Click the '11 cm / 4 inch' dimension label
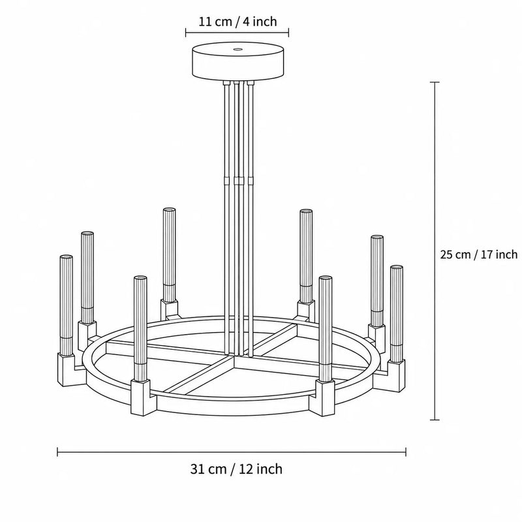point(238,22)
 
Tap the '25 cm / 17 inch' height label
point(479,254)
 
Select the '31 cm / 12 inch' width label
point(236,469)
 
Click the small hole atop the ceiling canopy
point(238,50)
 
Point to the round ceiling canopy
point(238,61)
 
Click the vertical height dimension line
point(435,251)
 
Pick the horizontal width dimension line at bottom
point(232,452)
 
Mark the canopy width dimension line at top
point(237,32)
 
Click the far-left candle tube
point(66,305)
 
